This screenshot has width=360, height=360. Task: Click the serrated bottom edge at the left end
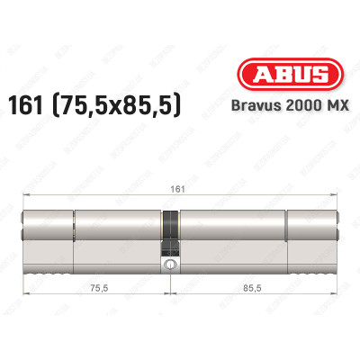click(x=46, y=268)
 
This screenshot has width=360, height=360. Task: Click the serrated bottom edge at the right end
click(x=310, y=268)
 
